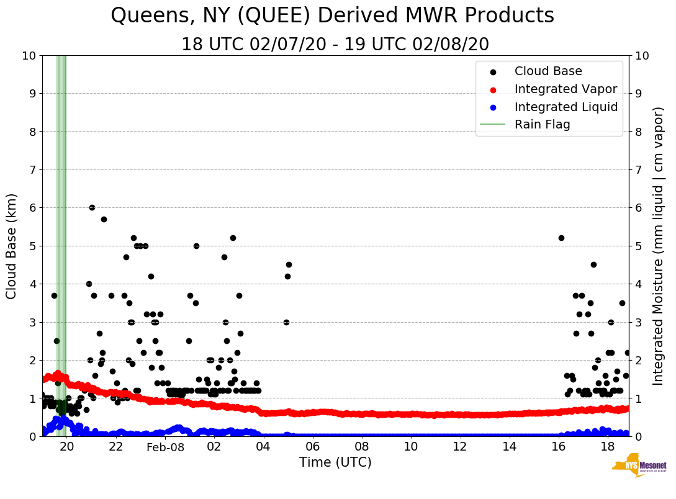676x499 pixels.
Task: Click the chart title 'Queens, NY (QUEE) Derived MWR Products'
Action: tap(332, 16)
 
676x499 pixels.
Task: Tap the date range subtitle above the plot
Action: tap(335, 45)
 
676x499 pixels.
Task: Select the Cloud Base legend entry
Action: tap(548, 71)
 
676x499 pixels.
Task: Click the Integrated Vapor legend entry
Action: tap(566, 89)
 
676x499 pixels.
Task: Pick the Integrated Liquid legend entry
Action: tap(566, 107)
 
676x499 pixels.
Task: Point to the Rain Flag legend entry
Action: tap(542, 124)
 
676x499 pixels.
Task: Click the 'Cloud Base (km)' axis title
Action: tap(12, 246)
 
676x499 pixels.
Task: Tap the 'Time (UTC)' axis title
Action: tap(335, 462)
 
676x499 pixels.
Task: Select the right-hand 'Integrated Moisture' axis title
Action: tap(659, 246)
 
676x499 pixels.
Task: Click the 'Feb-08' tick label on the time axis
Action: tap(165, 447)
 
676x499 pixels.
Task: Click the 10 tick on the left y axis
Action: tap(29, 56)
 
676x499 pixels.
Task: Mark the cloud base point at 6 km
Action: tap(92, 207)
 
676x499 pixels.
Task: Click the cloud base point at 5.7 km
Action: tap(104, 219)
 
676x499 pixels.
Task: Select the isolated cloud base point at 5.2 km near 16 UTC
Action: tap(561, 238)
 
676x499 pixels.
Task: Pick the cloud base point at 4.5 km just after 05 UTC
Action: tap(289, 264)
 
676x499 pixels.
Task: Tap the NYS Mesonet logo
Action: tap(639, 467)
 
